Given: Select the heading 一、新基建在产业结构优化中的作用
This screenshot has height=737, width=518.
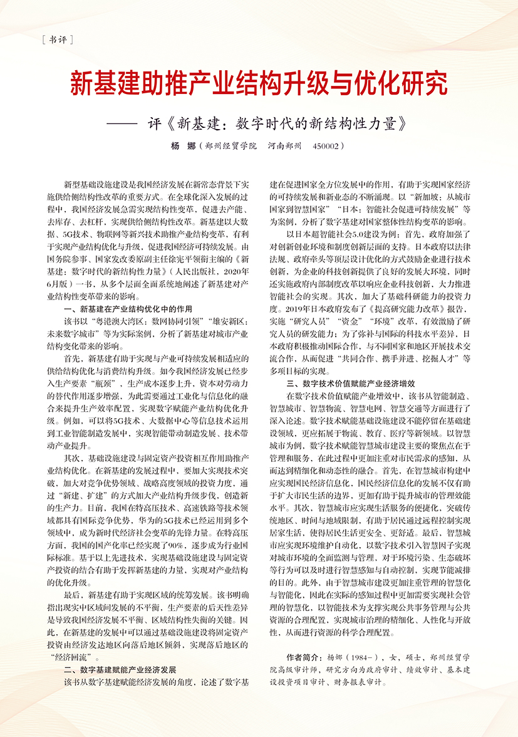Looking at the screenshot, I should click(129, 310).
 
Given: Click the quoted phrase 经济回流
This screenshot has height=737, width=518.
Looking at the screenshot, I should click(72, 658).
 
